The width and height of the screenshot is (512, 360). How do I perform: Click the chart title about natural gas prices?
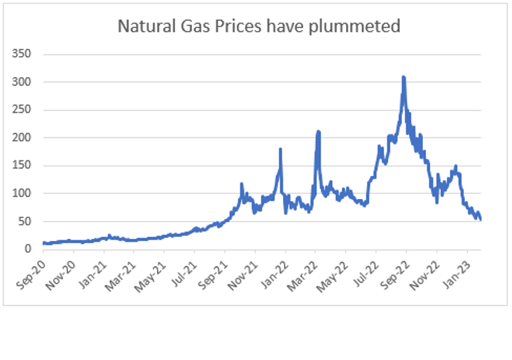[258, 27]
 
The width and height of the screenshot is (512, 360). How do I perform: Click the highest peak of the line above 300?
[403, 77]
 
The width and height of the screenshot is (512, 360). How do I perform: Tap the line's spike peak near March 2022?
[318, 131]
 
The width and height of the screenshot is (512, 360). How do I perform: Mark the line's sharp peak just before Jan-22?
[281, 149]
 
